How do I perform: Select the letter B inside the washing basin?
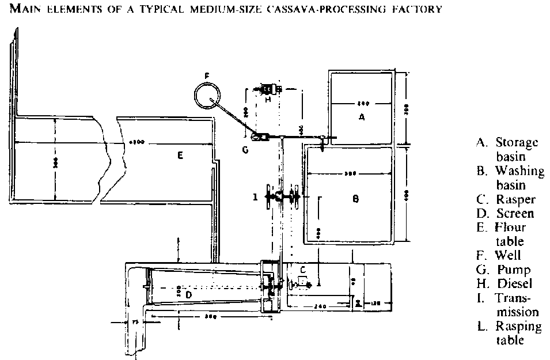pos(356,199)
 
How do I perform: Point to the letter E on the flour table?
pos(180,156)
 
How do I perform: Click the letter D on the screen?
pos(189,294)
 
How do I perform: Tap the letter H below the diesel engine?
pos(267,99)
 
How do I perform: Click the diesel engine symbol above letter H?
pos(268,89)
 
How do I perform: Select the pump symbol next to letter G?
pos(260,137)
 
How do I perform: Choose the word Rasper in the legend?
pos(515,200)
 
